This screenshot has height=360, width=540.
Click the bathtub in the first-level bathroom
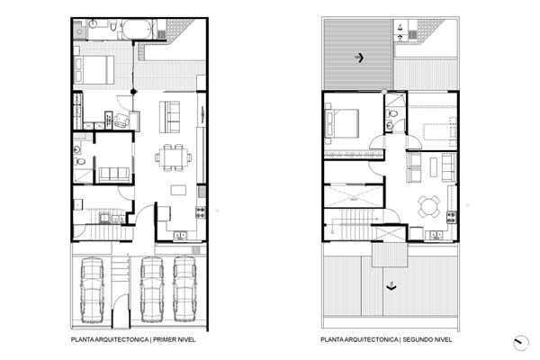[137, 29]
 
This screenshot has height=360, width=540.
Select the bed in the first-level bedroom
[94, 70]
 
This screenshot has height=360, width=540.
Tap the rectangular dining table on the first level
[173, 157]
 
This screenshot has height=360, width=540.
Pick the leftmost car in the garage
[92, 290]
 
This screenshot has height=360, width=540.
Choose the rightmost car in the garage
[184, 289]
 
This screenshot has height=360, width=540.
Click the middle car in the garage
[152, 289]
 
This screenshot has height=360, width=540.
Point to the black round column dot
[133, 92]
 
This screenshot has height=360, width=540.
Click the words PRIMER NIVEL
[175, 339]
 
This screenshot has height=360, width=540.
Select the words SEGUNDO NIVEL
[427, 339]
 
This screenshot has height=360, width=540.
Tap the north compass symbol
[521, 343]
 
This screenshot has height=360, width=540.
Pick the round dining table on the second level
[428, 207]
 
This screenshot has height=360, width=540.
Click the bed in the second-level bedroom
[342, 123]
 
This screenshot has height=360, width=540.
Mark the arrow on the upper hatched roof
[359, 58]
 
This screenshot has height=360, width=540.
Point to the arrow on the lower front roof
[391, 286]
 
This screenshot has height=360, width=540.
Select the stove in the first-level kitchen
[201, 212]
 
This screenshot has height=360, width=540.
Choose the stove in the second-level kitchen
[452, 218]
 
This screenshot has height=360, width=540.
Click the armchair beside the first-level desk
[121, 121]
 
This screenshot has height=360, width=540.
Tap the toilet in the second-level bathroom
[391, 113]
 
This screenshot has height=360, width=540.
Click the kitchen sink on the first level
[180, 235]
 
